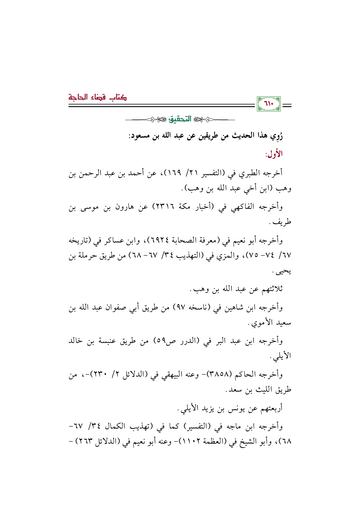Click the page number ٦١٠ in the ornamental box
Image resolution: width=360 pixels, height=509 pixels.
[x=269, y=104]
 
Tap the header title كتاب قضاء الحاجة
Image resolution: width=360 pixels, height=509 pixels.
[x=98, y=97]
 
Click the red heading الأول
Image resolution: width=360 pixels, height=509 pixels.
[x=273, y=154]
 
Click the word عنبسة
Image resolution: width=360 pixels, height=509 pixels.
[x=107, y=341]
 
